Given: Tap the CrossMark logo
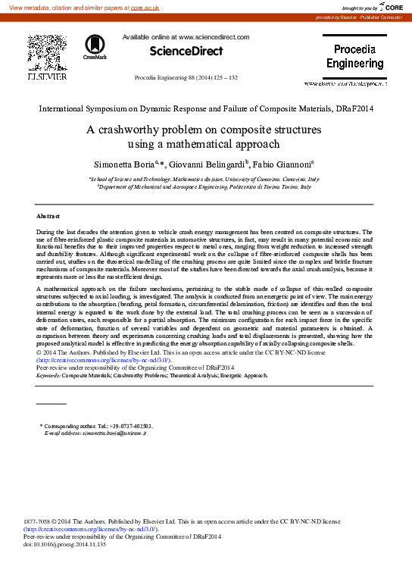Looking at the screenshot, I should (x=95, y=46).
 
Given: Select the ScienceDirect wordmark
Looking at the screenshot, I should (x=186, y=52).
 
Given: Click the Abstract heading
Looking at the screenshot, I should (x=48, y=217).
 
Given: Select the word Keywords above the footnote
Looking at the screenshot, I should (x=48, y=375).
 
